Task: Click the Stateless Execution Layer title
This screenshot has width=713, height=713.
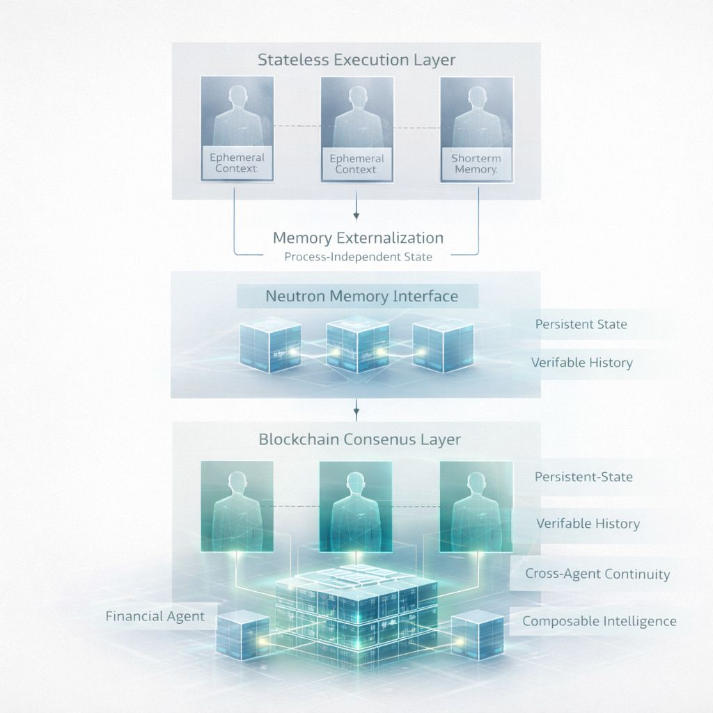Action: (x=356, y=60)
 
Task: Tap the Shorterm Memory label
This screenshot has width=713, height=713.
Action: (x=476, y=164)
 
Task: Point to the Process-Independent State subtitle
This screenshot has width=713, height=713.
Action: (x=358, y=257)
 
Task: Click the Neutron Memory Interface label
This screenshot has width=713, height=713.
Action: (x=361, y=297)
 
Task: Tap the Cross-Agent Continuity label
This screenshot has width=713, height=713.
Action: (x=597, y=574)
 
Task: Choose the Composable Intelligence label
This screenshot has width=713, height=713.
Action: (x=599, y=621)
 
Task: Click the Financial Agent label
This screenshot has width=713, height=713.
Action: (x=155, y=616)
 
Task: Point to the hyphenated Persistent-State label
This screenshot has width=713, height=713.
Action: (x=583, y=477)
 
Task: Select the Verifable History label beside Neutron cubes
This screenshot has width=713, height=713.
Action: (x=581, y=363)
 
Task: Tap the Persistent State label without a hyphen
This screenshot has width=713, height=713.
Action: (x=581, y=324)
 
